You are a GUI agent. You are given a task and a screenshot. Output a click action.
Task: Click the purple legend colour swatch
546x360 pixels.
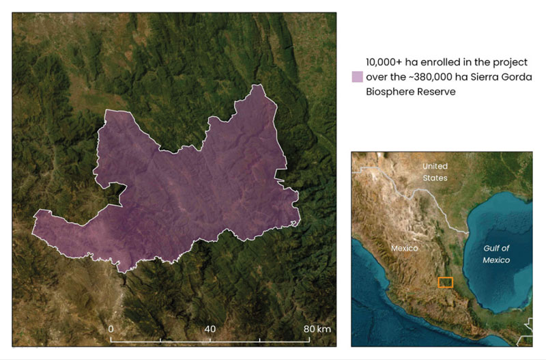coord(356,77)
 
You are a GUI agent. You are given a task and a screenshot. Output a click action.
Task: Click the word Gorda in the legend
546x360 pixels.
coord(517,77)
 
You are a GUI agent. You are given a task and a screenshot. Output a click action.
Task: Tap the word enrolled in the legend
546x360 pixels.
coord(443,61)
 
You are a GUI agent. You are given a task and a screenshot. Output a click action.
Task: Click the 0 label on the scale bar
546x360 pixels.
coord(111,329)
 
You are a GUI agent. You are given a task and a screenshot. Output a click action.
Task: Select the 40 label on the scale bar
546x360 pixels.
coord(210,329)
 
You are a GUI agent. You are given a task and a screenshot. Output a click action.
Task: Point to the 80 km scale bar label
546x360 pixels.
coord(317,329)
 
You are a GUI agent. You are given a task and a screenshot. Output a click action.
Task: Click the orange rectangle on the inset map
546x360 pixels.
coord(445,282)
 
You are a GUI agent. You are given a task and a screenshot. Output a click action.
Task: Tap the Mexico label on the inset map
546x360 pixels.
coord(404,248)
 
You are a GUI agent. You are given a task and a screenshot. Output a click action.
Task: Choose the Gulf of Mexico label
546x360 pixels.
coord(497,254)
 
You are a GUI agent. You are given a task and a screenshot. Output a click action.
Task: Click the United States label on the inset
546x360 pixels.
coord(435,172)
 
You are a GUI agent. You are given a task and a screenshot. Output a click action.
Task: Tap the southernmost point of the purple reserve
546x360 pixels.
coord(122,272)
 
